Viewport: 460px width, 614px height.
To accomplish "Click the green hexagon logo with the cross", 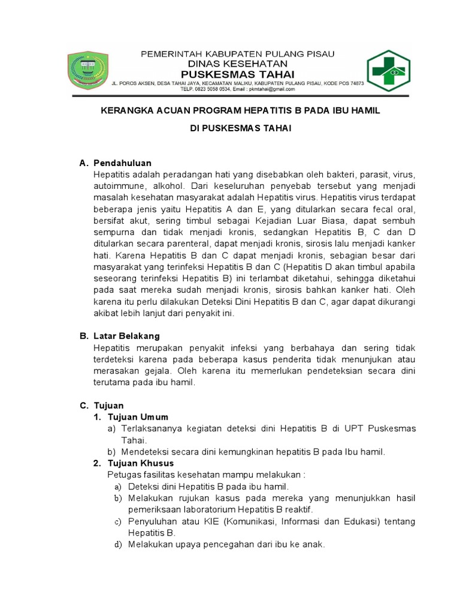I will [388, 71].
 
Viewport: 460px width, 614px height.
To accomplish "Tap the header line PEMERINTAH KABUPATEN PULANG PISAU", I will [237, 54].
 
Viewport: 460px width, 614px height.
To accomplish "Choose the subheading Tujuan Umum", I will [138, 417].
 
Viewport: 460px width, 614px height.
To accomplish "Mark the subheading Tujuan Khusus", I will [141, 463].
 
